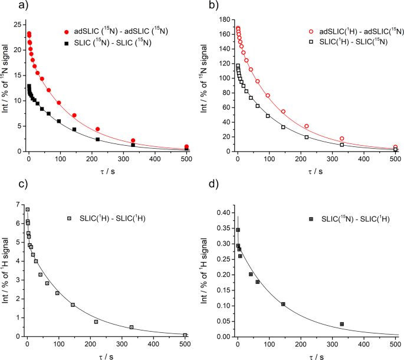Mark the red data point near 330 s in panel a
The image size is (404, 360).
click(133, 140)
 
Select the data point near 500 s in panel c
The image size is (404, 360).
click(185, 335)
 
